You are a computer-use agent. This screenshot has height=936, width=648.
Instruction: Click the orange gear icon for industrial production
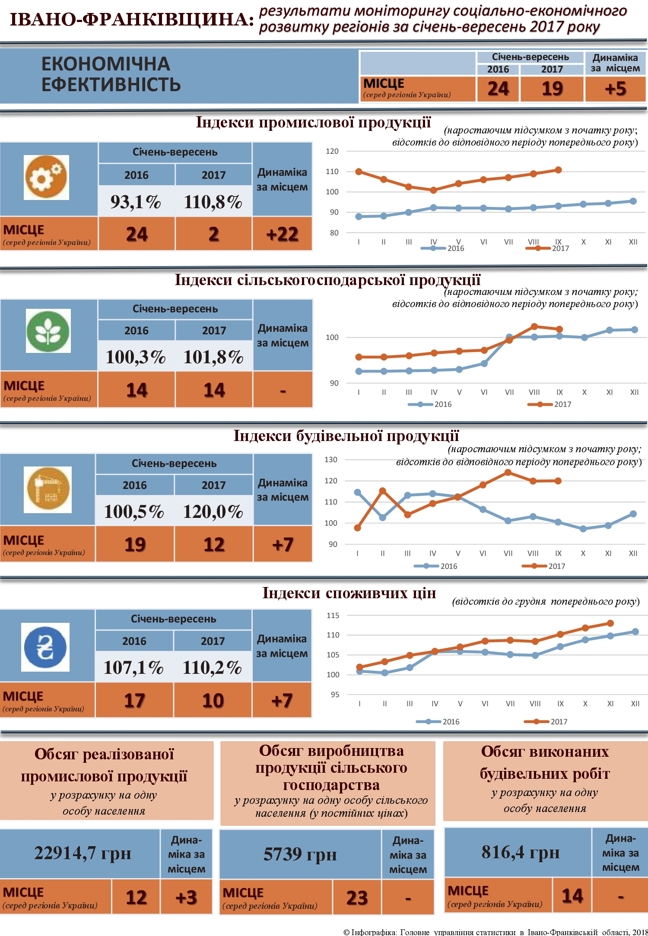tap(46, 177)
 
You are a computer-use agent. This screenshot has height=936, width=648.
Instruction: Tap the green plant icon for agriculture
tap(48, 331)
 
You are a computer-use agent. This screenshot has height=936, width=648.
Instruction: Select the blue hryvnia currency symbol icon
tap(45, 647)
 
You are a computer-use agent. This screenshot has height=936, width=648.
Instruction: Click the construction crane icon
tap(48, 489)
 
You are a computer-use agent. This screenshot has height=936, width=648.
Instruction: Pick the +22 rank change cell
tap(282, 234)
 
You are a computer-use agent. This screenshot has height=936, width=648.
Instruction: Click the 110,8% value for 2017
tap(213, 202)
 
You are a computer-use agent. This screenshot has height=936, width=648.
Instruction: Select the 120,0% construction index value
tap(213, 512)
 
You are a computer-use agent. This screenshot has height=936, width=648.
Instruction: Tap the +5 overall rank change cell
tap(615, 89)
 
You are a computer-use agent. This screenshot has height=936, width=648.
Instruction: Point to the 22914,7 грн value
tap(83, 854)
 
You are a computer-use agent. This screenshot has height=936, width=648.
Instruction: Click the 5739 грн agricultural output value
tap(300, 854)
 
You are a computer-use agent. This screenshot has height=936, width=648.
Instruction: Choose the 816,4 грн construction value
tap(521, 852)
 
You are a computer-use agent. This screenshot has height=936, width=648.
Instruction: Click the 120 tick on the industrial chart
tap(332, 151)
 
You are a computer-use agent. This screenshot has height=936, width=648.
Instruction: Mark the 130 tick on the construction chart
tap(331, 460)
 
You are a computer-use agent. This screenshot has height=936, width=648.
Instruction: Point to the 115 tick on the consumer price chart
tap(333, 616)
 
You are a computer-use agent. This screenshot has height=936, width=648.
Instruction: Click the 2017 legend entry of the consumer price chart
tap(546, 722)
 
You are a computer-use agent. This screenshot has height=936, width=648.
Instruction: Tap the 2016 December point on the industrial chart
tap(633, 201)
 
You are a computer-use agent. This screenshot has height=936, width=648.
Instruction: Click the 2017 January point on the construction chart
tap(357, 528)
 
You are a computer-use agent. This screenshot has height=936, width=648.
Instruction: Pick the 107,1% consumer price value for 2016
tap(133, 668)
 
